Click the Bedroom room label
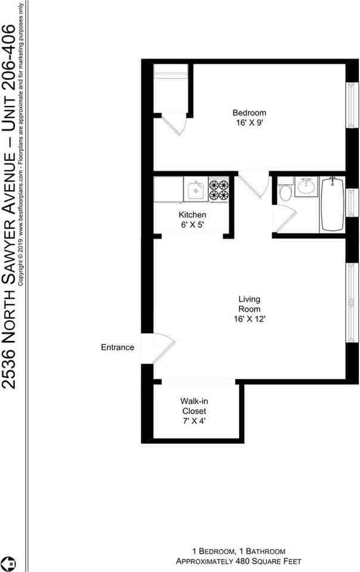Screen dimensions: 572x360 249,113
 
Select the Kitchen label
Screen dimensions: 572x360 193,214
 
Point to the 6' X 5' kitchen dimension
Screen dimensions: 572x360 193,225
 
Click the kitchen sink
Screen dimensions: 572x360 195,191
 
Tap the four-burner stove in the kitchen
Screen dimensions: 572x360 219,189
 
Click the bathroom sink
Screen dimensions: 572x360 306,186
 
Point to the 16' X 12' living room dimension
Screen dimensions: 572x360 249,319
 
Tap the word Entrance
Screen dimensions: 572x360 117,347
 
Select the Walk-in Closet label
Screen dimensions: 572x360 194,406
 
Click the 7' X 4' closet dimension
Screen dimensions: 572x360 194,421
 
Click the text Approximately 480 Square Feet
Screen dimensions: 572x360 238,561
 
